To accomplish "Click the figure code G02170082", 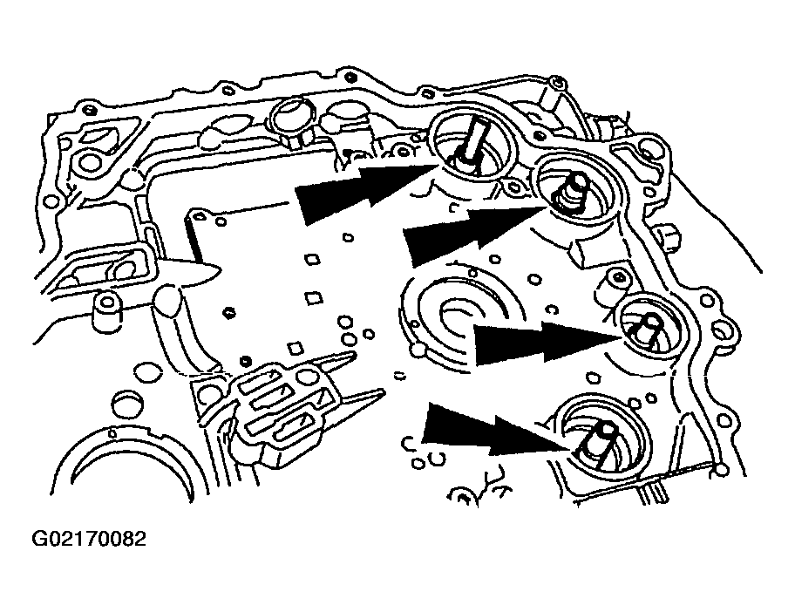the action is coord(89,539).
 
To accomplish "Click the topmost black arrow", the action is coord(365,191).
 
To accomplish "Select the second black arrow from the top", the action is coord(475,235).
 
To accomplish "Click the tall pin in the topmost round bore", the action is coord(472,142).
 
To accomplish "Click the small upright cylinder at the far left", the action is coord(106,310).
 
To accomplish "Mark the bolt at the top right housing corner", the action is coord(557,81).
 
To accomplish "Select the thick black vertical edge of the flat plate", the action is coord(194,237).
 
